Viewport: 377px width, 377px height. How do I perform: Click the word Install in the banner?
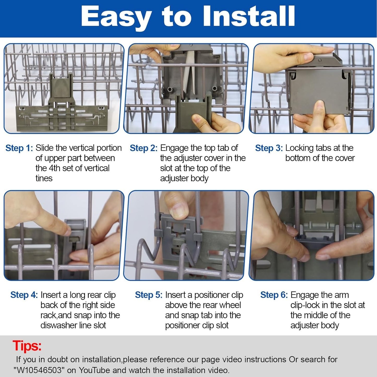(x=249, y=16)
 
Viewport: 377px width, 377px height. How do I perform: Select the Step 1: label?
(x=19, y=148)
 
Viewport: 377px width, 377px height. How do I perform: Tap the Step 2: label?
(x=143, y=148)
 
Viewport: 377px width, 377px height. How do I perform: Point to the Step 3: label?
(x=269, y=148)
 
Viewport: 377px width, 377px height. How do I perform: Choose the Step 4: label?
(x=24, y=295)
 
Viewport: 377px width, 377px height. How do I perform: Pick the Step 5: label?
(x=149, y=295)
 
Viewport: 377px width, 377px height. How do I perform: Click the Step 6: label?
(x=274, y=295)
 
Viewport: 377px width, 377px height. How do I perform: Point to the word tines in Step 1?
(x=44, y=178)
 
